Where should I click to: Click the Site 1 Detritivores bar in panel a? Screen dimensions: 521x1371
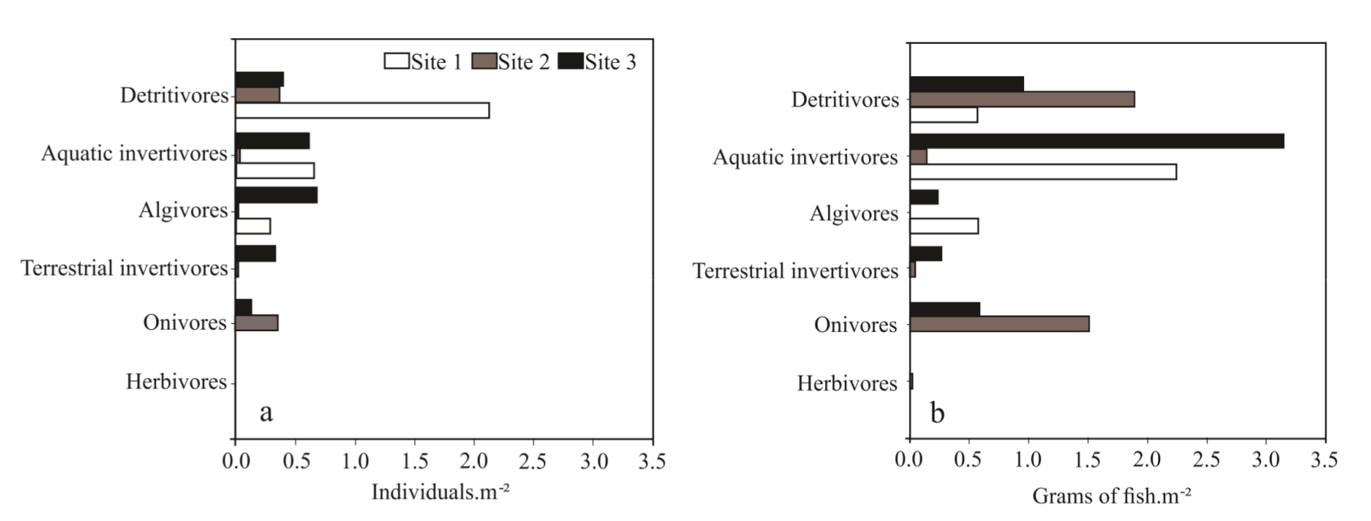point(362,111)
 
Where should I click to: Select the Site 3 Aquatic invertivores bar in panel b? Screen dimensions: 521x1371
point(1097,141)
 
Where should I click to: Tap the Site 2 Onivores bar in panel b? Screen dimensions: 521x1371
point(999,324)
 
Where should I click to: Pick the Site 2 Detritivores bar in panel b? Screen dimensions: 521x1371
point(1022,100)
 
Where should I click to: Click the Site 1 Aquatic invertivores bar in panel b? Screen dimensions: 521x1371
point(1043,172)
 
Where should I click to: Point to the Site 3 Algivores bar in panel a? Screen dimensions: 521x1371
point(276,195)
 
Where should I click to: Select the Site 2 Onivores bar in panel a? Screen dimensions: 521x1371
point(257,323)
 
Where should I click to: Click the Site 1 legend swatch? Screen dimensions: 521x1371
point(396,61)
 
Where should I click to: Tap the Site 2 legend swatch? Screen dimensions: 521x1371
point(484,61)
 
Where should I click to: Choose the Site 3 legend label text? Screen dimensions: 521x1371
point(611,62)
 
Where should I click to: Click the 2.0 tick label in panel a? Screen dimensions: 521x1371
point(474,461)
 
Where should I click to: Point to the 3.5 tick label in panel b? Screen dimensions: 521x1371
point(1324,460)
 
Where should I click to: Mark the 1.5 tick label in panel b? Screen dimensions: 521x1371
point(1087,460)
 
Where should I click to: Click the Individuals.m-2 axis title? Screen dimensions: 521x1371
point(440,491)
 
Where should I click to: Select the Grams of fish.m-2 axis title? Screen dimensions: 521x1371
point(1111,496)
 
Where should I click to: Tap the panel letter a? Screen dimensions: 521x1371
point(266,412)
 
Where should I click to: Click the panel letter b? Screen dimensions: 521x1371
point(937,412)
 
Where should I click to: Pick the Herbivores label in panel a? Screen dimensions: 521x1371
point(176,382)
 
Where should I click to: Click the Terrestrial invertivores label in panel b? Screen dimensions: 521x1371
point(795,271)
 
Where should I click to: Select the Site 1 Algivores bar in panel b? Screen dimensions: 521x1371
point(944,226)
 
